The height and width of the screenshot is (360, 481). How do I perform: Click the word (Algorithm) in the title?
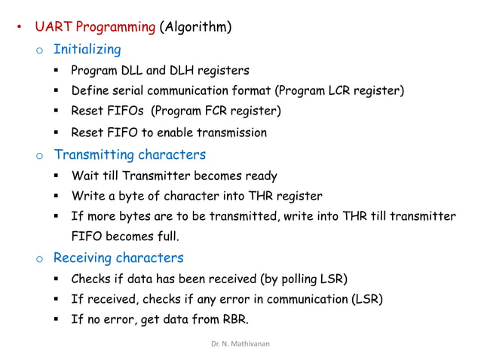[x=195, y=29]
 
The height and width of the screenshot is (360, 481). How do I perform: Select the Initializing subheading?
[x=87, y=50]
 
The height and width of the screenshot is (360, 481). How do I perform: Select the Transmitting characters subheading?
[x=130, y=155]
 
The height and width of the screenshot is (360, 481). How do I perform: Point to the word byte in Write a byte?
[x=133, y=197]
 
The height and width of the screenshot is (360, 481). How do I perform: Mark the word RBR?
[x=232, y=319]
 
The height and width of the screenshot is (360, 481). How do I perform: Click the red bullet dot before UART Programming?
[x=20, y=29]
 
